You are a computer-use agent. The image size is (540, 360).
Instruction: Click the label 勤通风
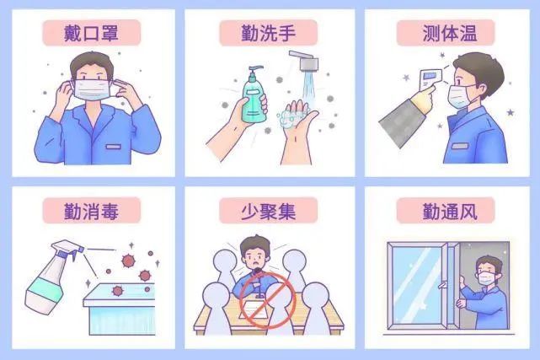(447, 210)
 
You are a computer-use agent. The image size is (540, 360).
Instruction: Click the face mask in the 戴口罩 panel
(94, 89)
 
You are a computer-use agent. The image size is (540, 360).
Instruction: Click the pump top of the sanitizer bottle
(250, 70)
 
